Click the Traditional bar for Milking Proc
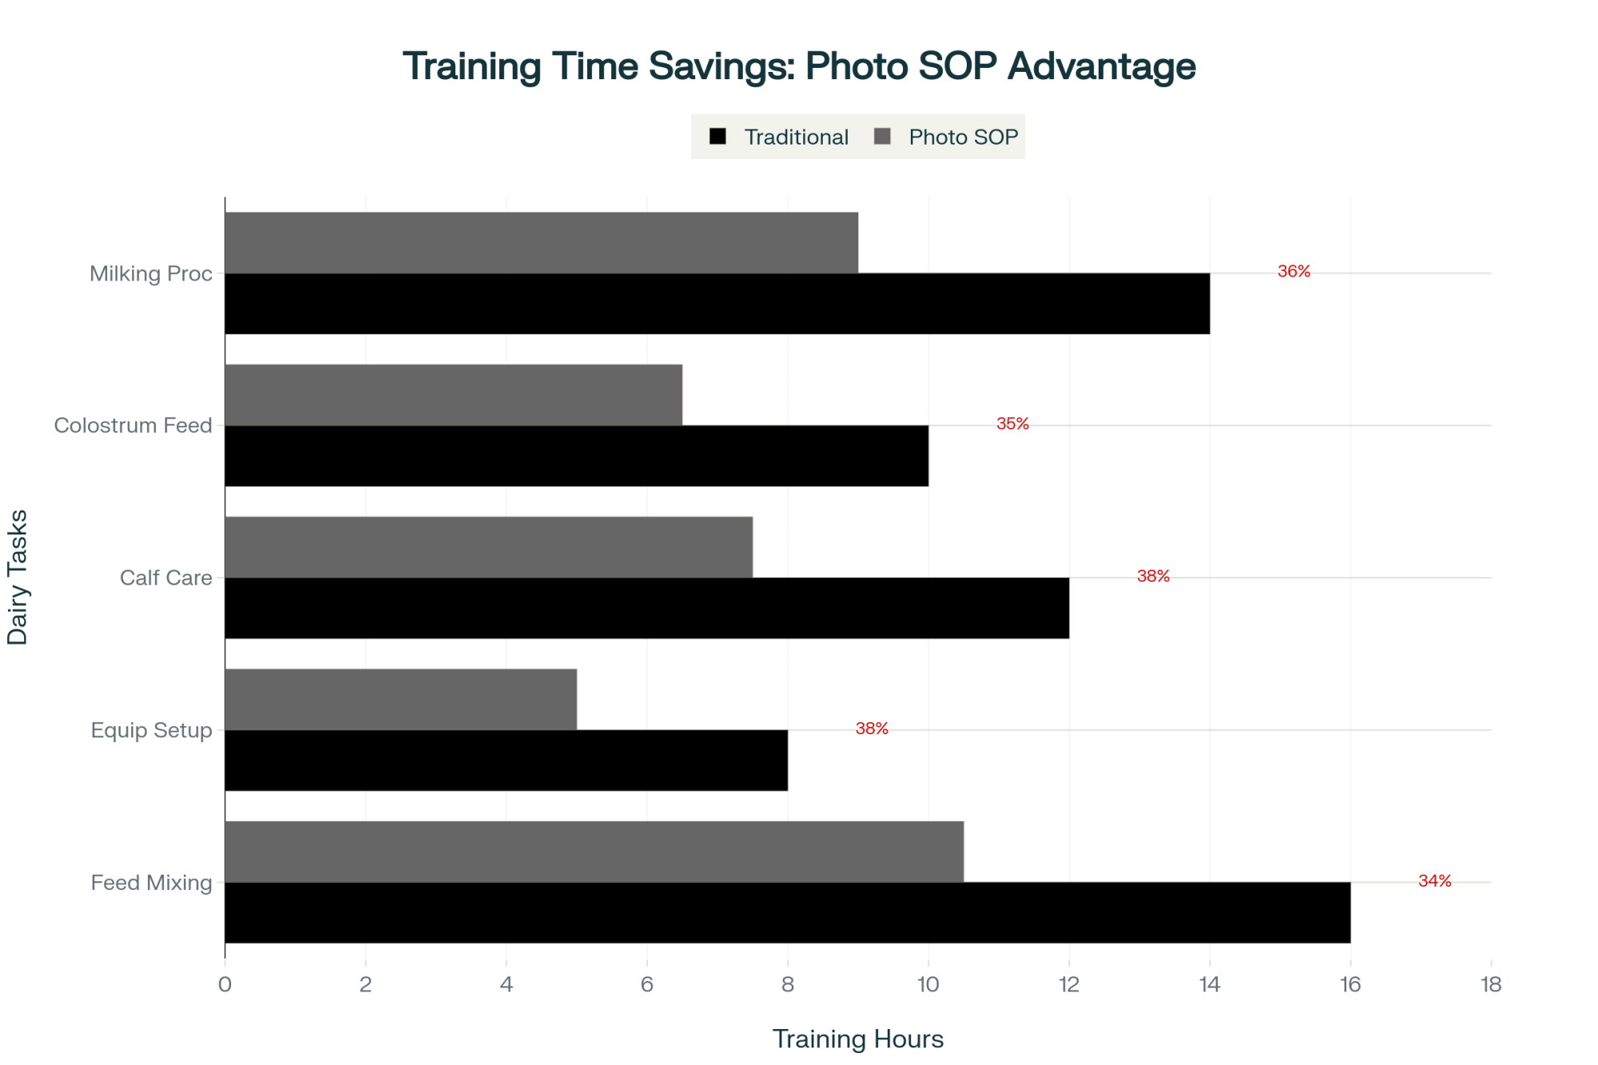click(717, 304)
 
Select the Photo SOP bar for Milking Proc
click(541, 243)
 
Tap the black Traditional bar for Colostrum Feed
click(576, 455)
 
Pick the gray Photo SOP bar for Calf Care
click(488, 547)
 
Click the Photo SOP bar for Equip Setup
click(400, 699)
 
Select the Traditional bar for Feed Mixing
click(787, 912)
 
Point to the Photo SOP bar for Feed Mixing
click(594, 852)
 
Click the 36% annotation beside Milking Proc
click(1294, 272)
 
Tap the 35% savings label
click(1012, 424)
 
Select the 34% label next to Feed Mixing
click(1434, 881)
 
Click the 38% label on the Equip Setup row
click(872, 729)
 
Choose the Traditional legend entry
click(780, 137)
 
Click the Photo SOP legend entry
click(947, 137)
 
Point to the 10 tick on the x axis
click(928, 984)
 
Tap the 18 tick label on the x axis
click(1490, 984)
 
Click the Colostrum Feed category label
click(133, 425)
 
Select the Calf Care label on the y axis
click(165, 578)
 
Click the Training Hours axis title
click(857, 1039)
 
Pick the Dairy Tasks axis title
click(18, 577)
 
